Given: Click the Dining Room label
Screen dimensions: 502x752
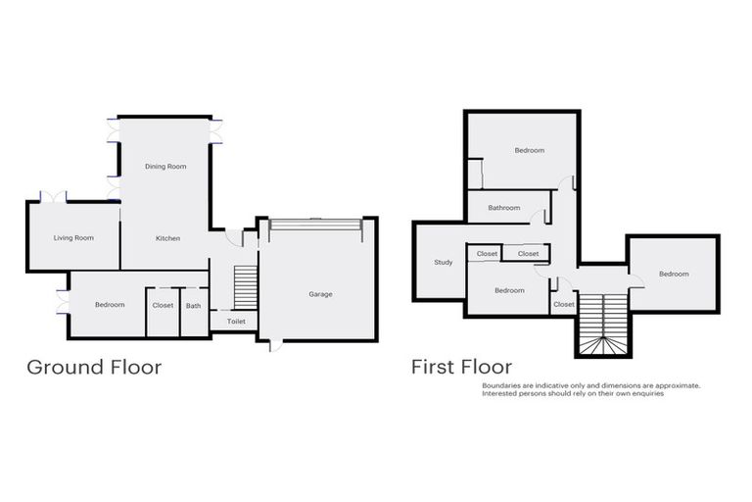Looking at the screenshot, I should (x=165, y=167).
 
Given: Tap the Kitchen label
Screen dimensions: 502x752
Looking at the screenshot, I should (x=167, y=238).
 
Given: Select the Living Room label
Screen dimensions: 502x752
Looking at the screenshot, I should (x=73, y=238).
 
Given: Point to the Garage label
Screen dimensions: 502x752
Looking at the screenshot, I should (x=320, y=294).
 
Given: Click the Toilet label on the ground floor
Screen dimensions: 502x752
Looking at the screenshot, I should (x=236, y=321).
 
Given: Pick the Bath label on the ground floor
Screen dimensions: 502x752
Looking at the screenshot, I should (x=194, y=305).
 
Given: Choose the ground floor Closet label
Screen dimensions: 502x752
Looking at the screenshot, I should (x=163, y=305).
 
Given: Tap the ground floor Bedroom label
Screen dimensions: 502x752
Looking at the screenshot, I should (x=110, y=305).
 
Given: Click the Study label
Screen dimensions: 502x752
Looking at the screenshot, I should (x=443, y=262).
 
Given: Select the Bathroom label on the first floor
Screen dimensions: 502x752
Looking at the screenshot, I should (x=504, y=208).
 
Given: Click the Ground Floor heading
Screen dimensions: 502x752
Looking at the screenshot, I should (x=94, y=368).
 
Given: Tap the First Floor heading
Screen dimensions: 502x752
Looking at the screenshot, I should (x=461, y=368).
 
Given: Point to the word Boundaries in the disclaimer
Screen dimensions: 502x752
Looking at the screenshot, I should (x=502, y=385).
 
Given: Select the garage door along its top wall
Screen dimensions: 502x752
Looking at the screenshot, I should (x=315, y=225).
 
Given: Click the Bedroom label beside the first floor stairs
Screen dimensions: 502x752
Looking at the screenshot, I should (x=674, y=275).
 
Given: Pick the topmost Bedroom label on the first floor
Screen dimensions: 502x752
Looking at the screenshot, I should (x=530, y=150).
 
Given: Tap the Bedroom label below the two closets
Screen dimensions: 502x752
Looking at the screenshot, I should (x=509, y=290).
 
